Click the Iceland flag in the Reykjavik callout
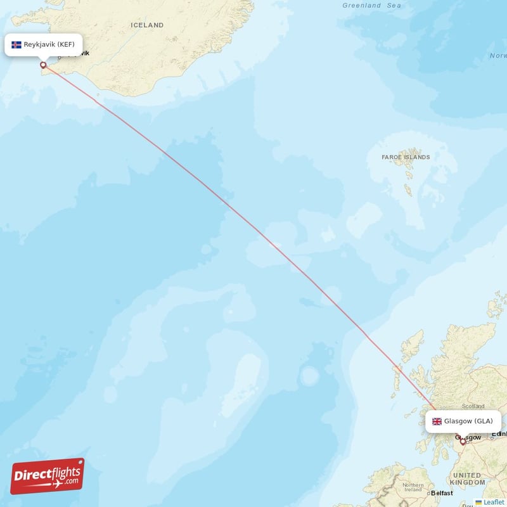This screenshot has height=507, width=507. (x=16, y=45)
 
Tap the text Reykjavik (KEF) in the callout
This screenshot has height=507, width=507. (x=49, y=45)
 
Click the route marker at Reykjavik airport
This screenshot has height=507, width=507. (x=43, y=64)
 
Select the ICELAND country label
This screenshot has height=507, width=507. (x=147, y=25)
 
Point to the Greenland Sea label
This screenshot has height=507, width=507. (x=371, y=6)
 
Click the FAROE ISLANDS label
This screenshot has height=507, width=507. (x=406, y=157)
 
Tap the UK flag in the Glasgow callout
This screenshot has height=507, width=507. (x=437, y=421)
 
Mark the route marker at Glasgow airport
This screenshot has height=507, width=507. (x=463, y=441)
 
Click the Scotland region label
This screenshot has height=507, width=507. (x=473, y=406)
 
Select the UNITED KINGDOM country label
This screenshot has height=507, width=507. (x=467, y=479)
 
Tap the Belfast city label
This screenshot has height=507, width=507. (x=442, y=493)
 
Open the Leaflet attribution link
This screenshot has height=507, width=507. (x=494, y=502)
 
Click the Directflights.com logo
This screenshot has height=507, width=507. (x=48, y=475)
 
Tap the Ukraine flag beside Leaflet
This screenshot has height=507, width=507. (x=479, y=502)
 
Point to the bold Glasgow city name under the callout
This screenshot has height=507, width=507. (x=468, y=437)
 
